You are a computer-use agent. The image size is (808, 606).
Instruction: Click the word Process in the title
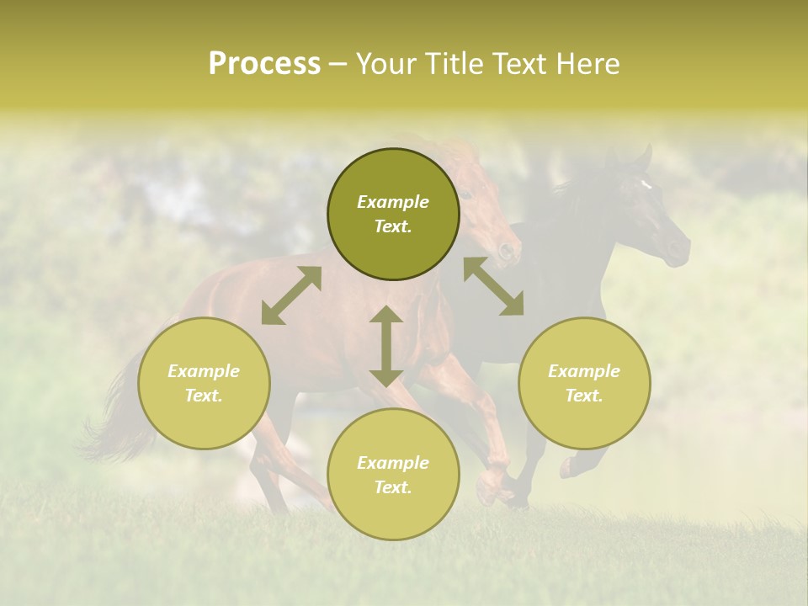point(264,64)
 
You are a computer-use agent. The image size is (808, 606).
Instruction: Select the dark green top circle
point(393,215)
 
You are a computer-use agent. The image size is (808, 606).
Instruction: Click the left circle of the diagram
point(204,383)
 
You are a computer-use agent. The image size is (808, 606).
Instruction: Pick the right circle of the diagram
point(584,383)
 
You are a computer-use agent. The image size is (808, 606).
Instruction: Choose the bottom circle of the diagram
point(393,475)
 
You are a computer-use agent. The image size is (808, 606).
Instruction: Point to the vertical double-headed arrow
point(386,346)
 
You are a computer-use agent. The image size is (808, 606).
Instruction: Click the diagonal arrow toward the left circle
point(291,295)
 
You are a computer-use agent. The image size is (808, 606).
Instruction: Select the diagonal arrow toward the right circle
point(493,286)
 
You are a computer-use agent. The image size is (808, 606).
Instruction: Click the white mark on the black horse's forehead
point(646,183)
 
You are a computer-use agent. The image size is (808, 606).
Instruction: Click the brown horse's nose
point(506,250)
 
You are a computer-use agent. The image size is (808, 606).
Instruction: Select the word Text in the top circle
point(392,226)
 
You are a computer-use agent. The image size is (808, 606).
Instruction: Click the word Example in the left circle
point(204,371)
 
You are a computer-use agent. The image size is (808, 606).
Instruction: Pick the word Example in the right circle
point(584,371)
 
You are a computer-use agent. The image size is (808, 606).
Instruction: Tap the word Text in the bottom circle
point(392,487)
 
